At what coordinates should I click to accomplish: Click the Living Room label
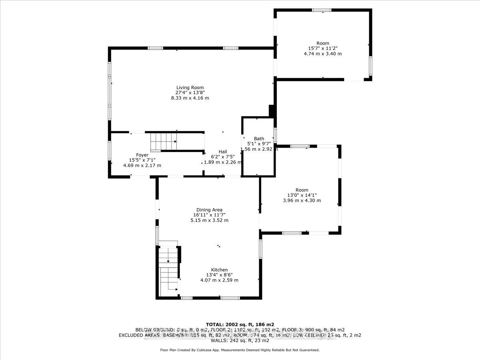(190, 88)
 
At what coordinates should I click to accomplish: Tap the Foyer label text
(142, 155)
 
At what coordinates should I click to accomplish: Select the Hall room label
(223, 152)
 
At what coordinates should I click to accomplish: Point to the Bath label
(259, 139)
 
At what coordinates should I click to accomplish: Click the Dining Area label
(209, 210)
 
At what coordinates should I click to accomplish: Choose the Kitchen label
(219, 270)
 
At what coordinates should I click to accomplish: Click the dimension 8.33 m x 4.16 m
(190, 98)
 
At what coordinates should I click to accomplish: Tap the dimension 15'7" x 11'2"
(322, 48)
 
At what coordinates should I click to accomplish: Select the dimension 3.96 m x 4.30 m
(302, 200)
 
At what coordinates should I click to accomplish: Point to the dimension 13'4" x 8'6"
(219, 275)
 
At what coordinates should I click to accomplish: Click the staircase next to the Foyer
(163, 142)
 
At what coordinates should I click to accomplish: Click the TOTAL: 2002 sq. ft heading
(240, 324)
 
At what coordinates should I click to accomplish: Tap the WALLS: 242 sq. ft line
(240, 341)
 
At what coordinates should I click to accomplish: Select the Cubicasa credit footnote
(240, 350)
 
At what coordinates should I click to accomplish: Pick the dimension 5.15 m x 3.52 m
(209, 220)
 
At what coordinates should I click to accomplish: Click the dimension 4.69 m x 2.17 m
(142, 165)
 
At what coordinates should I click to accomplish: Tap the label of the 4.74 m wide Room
(322, 43)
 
